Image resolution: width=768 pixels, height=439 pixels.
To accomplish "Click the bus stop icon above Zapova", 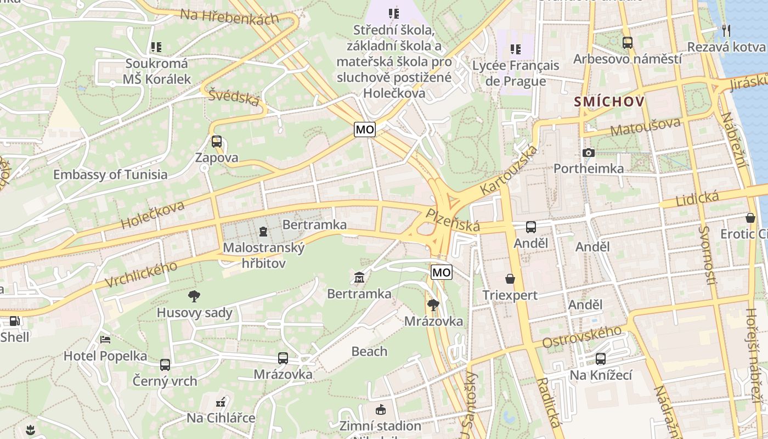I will [x=217, y=142].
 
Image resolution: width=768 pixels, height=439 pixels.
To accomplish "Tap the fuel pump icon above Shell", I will [x=15, y=321].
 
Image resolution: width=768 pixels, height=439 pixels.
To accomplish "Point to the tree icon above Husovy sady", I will [x=194, y=297].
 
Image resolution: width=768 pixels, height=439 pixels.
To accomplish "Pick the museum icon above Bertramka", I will [x=359, y=278].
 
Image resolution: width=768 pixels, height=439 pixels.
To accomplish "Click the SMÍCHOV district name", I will [x=609, y=102].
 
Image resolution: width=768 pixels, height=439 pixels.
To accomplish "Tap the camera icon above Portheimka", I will [x=589, y=153].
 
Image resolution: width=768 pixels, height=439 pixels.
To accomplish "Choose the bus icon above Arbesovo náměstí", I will [x=628, y=42].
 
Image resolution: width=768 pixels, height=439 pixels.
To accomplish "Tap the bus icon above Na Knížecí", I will [x=601, y=359].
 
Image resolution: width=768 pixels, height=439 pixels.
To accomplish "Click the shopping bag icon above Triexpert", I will [x=510, y=279].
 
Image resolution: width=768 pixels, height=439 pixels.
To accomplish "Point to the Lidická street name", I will [x=697, y=199].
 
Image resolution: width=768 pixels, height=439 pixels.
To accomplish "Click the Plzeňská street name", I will [x=453, y=220].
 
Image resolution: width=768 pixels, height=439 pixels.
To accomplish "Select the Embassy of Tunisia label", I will [x=110, y=175].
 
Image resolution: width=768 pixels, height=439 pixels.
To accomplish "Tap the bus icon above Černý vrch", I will [x=165, y=364].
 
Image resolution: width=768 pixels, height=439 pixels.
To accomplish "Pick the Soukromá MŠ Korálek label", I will [x=156, y=71].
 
